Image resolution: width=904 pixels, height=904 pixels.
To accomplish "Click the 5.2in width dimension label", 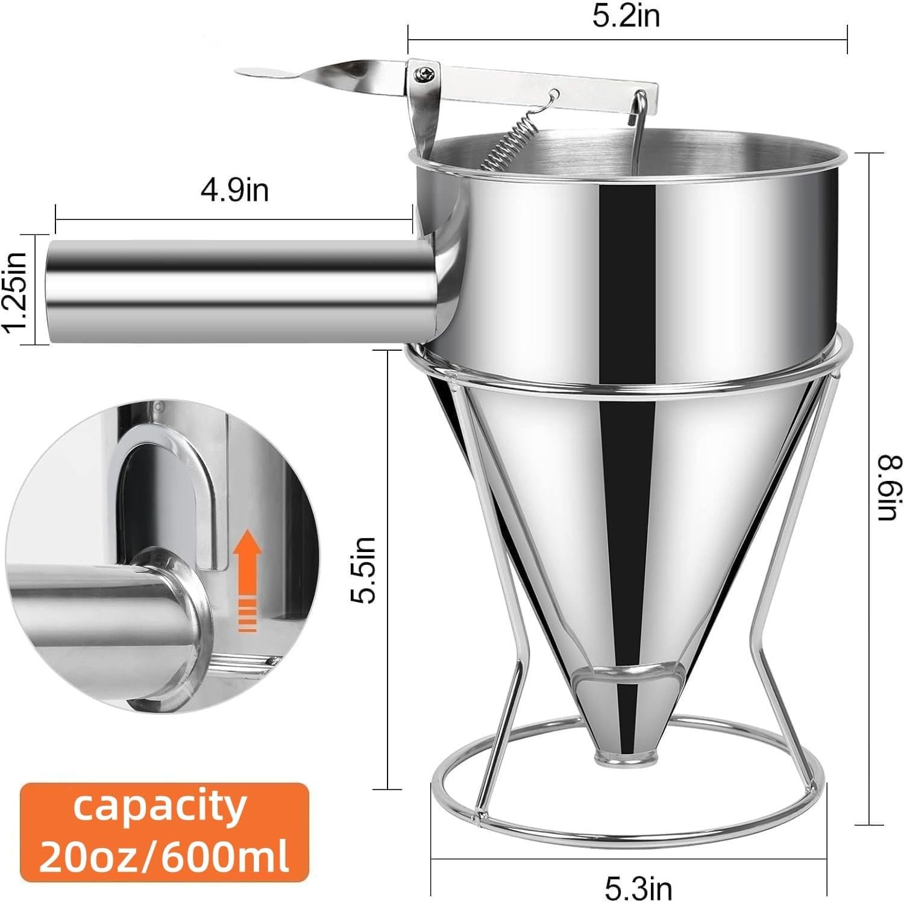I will (626, 16).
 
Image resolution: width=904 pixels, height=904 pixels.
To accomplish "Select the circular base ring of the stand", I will (624, 826).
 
